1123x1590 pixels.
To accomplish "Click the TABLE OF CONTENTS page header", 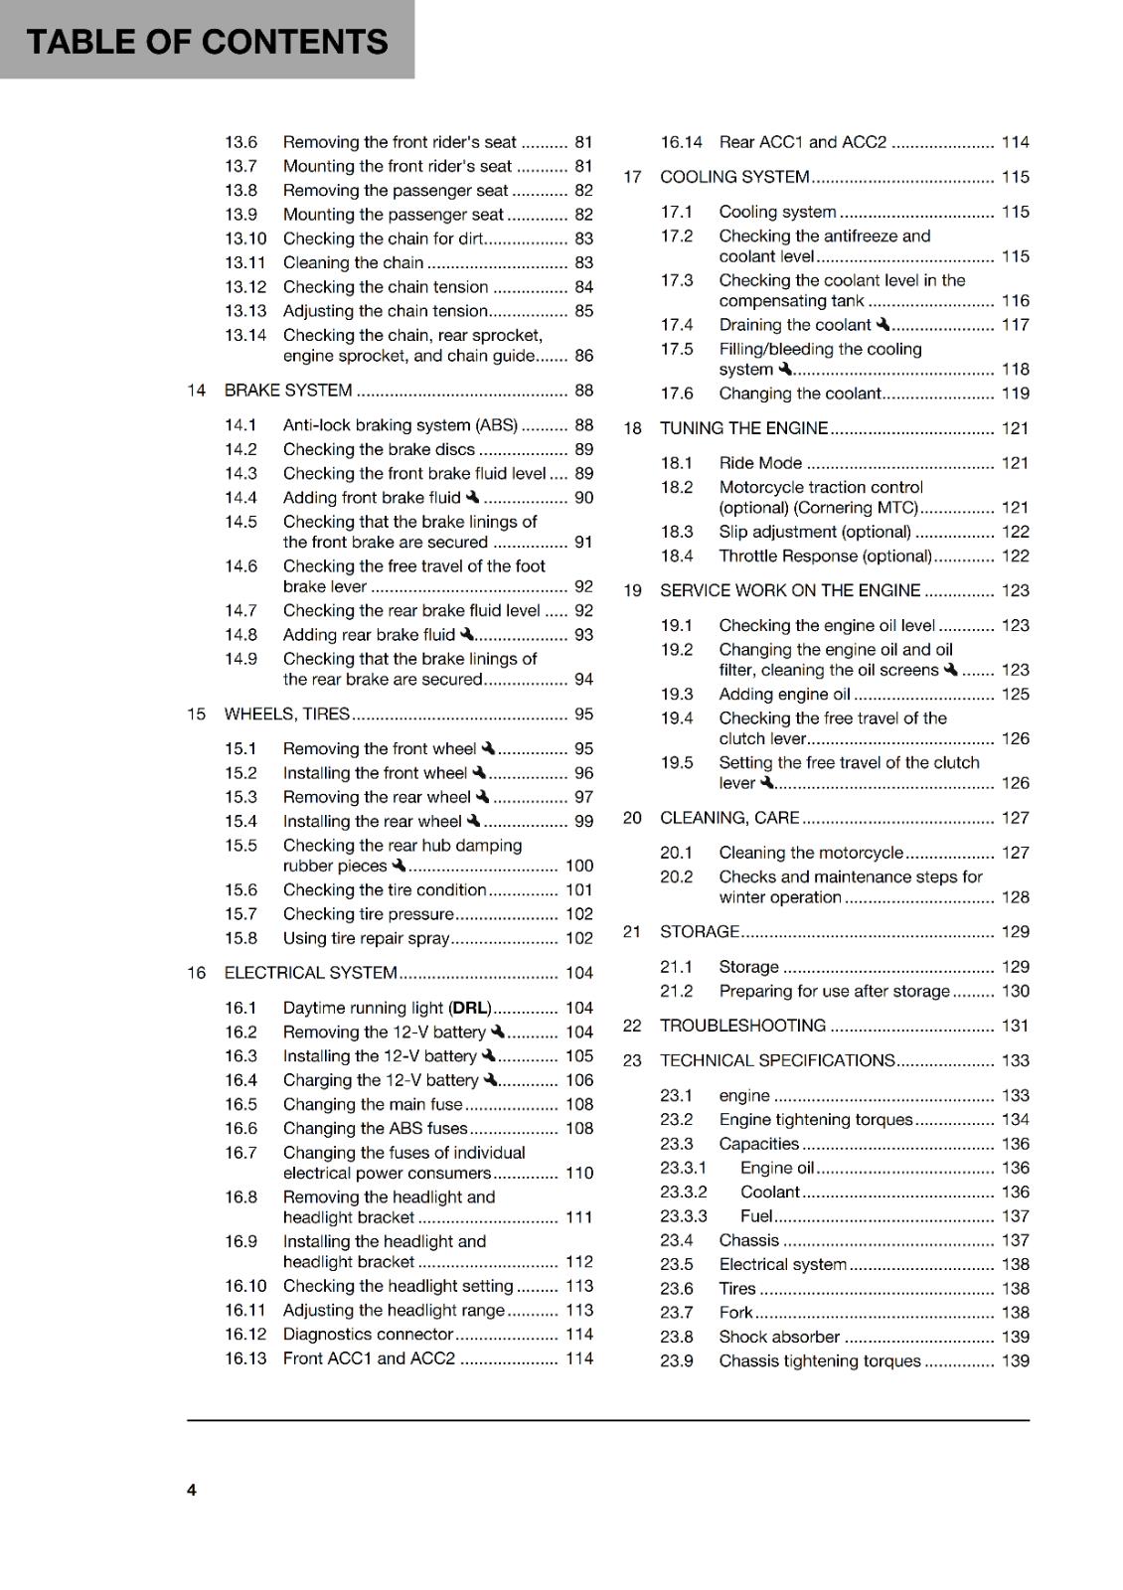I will tap(207, 42).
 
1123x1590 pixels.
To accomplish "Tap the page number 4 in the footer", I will tap(192, 1490).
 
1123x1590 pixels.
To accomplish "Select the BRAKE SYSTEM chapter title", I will tap(288, 391).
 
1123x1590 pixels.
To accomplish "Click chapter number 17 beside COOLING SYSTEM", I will tap(632, 177).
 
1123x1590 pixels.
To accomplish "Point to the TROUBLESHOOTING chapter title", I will tap(742, 1026).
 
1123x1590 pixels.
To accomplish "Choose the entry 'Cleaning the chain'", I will tap(354, 262).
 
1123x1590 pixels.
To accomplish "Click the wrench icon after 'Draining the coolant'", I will tap(882, 324).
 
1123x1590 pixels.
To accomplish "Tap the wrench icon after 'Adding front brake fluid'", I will tap(472, 497).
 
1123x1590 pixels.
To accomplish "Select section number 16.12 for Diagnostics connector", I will tap(245, 1335).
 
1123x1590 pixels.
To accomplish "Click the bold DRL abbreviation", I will tap(471, 1008).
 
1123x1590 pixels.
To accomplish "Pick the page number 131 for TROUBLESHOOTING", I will tap(1015, 1026).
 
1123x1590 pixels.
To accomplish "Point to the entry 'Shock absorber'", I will tap(779, 1337).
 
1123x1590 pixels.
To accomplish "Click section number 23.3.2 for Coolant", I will tap(684, 1192).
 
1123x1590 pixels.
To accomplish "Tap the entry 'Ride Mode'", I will tap(760, 463).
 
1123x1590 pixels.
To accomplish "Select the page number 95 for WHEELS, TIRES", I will tap(583, 714).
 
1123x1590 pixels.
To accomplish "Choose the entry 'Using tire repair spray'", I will tap(366, 938).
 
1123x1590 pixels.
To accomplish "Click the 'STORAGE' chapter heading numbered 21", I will tap(700, 932).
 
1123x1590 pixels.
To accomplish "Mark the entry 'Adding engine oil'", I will tap(785, 694).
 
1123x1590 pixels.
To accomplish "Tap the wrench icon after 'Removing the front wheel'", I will tap(488, 748).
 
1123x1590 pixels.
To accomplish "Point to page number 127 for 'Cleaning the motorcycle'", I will tap(1015, 853).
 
